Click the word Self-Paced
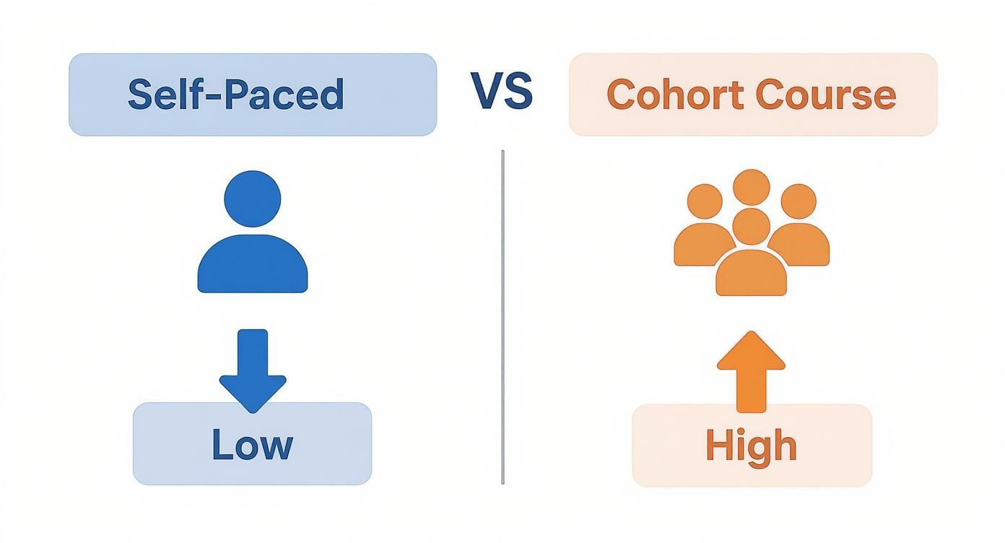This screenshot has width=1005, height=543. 235,95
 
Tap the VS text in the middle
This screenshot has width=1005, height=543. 502,92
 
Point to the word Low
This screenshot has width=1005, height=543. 252,445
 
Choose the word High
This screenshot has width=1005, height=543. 751,446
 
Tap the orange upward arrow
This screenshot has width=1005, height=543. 751,370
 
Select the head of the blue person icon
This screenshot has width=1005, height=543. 253,198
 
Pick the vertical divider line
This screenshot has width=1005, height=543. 502,318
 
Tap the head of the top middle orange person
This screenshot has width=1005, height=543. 751,187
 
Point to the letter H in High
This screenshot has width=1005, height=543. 718,446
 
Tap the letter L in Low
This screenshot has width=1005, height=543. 221,445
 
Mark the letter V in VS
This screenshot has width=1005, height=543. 487,92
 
